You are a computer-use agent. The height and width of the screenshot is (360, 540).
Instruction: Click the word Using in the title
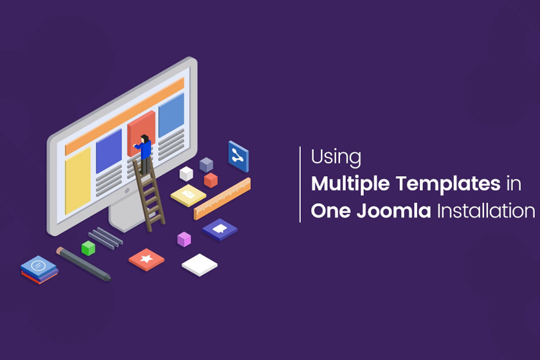[x=336, y=157]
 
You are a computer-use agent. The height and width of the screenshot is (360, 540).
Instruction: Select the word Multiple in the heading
[x=350, y=184]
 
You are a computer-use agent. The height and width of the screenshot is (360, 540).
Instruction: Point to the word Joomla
[x=393, y=211]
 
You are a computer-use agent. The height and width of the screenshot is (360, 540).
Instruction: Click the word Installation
[x=486, y=211]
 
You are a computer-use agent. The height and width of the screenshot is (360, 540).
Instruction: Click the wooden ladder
[x=148, y=195]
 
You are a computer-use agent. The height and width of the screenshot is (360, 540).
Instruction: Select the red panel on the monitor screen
[x=141, y=133]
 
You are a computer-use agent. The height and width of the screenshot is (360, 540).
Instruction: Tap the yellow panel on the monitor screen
[x=78, y=181]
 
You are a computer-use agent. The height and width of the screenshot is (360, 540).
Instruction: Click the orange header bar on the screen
[x=125, y=116]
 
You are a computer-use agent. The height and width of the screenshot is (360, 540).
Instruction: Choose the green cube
[x=88, y=248]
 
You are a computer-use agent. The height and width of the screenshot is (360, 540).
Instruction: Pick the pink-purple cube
[x=184, y=239]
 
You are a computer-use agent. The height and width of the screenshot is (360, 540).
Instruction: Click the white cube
[x=186, y=174]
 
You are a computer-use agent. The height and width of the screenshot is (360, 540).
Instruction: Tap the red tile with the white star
[x=147, y=260]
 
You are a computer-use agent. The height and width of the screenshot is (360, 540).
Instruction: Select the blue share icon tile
[x=239, y=156]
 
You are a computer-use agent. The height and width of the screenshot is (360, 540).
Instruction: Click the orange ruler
[x=222, y=199]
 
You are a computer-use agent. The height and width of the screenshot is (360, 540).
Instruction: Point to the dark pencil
[x=84, y=264]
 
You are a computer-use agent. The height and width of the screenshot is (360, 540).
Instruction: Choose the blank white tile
[x=199, y=265]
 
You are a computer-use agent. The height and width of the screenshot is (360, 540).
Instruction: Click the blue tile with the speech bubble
[x=220, y=230]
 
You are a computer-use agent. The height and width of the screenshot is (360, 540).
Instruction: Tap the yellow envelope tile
[x=188, y=195]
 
